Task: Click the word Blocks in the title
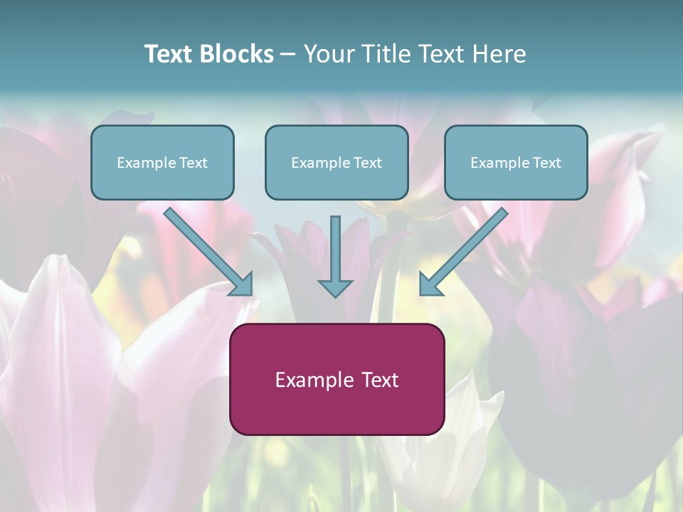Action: tap(236, 54)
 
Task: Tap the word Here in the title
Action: tap(499, 54)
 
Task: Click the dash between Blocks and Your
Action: tap(288, 54)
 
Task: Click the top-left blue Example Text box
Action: tap(162, 162)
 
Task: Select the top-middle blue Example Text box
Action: tap(337, 162)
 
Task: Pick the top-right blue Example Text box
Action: tap(516, 162)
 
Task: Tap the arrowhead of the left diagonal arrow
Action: tap(243, 285)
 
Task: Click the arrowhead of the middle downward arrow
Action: tap(335, 288)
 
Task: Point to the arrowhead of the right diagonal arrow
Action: tap(429, 285)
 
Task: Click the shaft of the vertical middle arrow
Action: tap(335, 245)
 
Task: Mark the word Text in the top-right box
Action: tap(546, 163)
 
